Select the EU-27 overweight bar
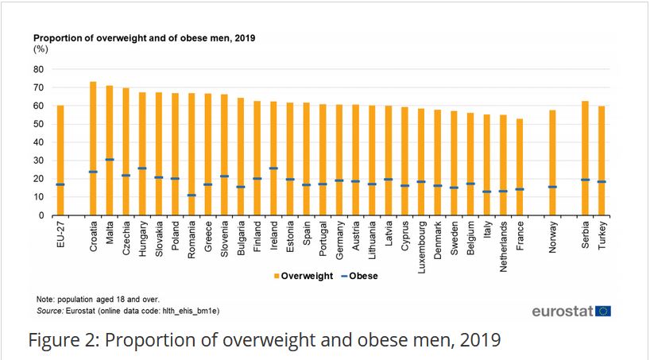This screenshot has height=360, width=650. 60,160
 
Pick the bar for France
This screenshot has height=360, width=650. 520,167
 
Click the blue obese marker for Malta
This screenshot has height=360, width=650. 110,160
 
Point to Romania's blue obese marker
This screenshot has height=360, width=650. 192,195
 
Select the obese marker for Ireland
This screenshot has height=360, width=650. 273,168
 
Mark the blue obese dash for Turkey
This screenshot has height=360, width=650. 602,182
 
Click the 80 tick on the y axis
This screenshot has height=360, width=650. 37,69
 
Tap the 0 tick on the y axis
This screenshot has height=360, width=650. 40,215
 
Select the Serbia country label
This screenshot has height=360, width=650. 586,235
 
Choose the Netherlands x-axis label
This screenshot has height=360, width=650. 503,246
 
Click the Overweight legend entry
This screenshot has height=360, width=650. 302,277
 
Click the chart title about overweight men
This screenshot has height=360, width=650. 143,37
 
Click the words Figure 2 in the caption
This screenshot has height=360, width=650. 63,341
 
